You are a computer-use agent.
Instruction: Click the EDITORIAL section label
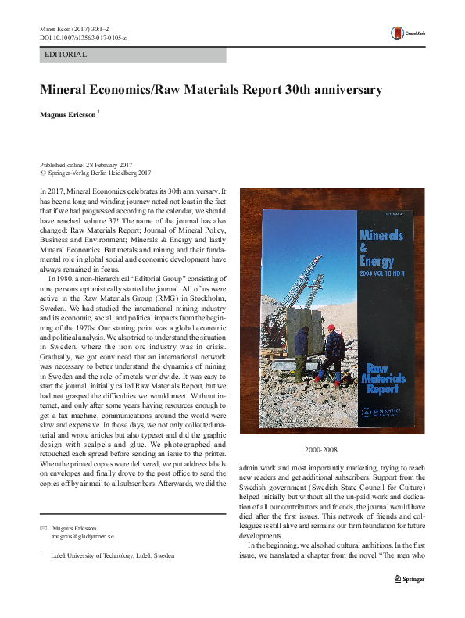tap(66, 55)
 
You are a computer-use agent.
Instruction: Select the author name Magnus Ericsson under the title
tap(68, 113)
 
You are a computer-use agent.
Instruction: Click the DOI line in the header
tap(84, 38)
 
